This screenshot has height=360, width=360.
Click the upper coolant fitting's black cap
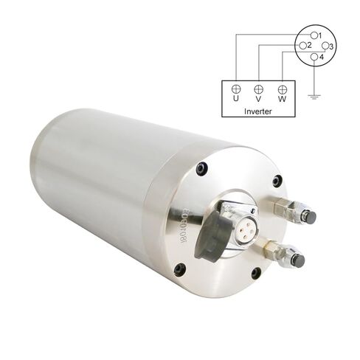(x=311, y=217)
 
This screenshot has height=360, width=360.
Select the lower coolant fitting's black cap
(x=300, y=262)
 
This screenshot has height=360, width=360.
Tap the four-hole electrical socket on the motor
(x=243, y=223)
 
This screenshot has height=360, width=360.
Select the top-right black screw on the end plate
(x=277, y=181)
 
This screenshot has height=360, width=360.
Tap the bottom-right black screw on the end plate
(x=255, y=273)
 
